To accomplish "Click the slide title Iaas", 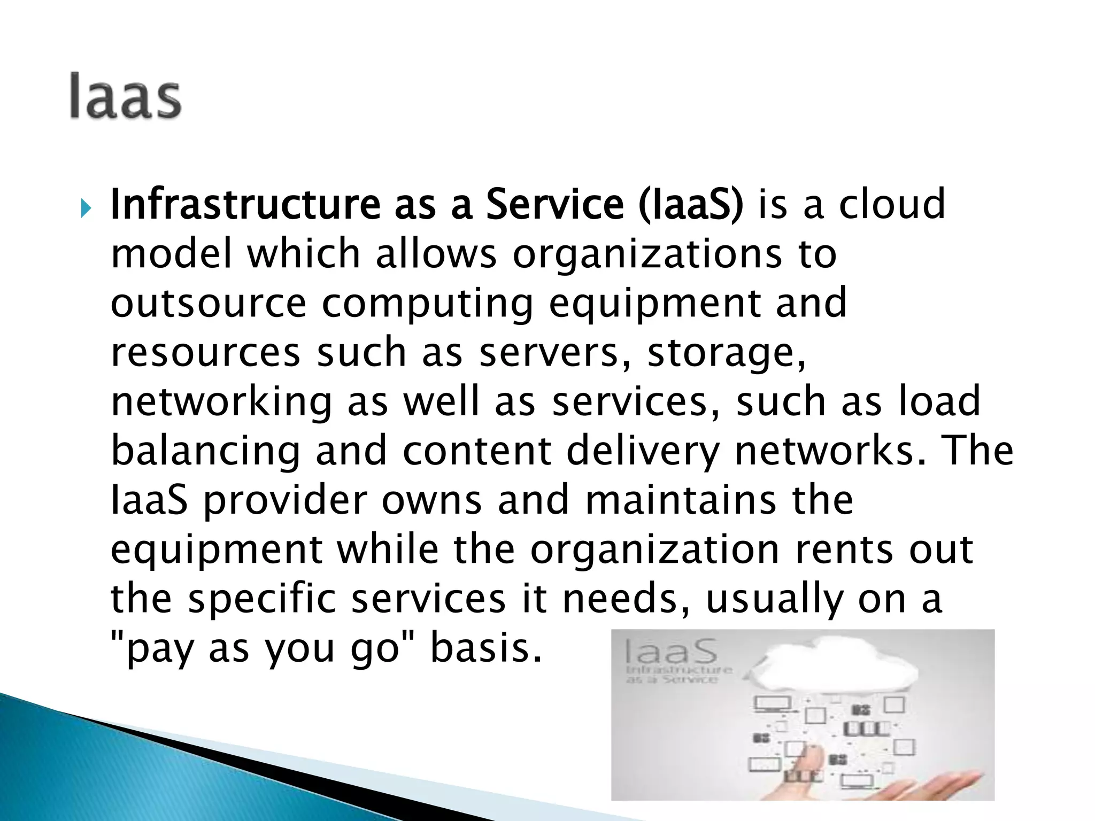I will [x=125, y=96].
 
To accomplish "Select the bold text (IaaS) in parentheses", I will [x=690, y=205].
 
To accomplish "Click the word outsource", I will [x=208, y=304].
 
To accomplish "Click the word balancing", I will [x=206, y=452].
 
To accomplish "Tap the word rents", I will [x=844, y=551].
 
